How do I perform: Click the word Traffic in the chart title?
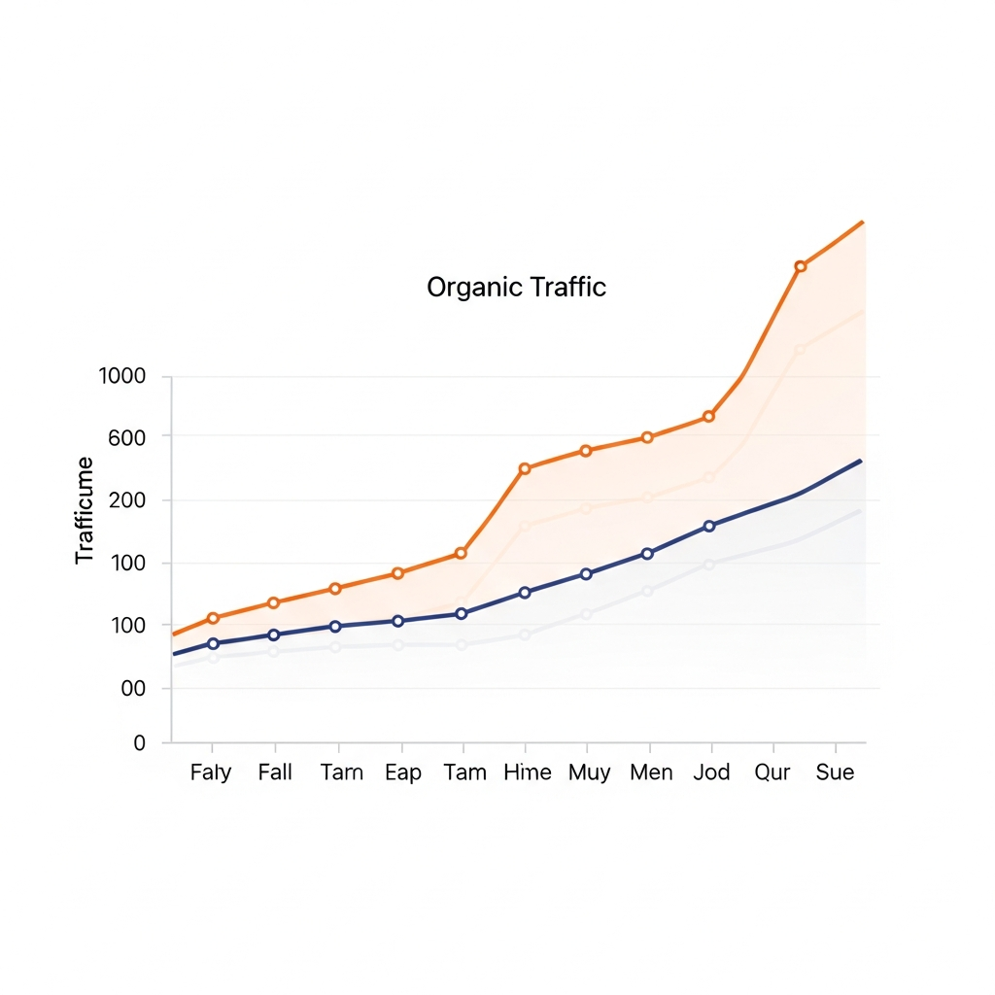pyautogui.click(x=568, y=288)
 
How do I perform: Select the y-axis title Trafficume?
pyautogui.click(x=86, y=510)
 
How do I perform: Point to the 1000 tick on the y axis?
pyautogui.click(x=121, y=377)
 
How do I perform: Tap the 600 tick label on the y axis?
pyautogui.click(x=126, y=438)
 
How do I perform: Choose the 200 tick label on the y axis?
pyautogui.click(x=126, y=501)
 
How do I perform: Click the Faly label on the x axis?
pyautogui.click(x=211, y=772)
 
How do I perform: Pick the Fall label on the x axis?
pyautogui.click(x=275, y=772)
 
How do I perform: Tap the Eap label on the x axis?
pyautogui.click(x=403, y=772)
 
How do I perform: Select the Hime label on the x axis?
pyautogui.click(x=528, y=772)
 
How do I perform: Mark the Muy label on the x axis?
pyautogui.click(x=590, y=772)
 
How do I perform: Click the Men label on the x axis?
pyautogui.click(x=652, y=772)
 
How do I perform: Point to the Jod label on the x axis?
pyautogui.click(x=712, y=772)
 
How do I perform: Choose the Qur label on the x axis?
pyautogui.click(x=773, y=772)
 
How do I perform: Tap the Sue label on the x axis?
pyautogui.click(x=836, y=772)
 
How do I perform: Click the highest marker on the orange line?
pyautogui.click(x=801, y=266)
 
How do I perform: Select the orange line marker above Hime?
pyautogui.click(x=525, y=468)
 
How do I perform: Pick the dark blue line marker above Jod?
pyautogui.click(x=709, y=526)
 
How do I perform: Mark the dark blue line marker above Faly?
pyautogui.click(x=213, y=643)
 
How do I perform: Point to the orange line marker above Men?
pyautogui.click(x=647, y=437)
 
